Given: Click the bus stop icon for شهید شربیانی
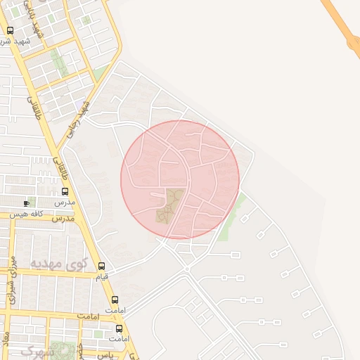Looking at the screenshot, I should coord(10,30).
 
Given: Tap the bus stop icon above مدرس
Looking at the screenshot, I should coord(65,191).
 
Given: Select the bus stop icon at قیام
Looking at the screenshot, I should coord(102,266).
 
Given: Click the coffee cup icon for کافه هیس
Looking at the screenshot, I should coord(27,203).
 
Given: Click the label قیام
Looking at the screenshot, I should coord(102,276).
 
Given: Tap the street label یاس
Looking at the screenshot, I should coord(105,355).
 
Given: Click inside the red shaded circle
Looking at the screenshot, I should coord(204,162).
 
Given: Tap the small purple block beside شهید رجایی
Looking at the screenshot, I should coord(79,103).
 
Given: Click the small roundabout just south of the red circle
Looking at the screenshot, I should coord(187,269).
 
